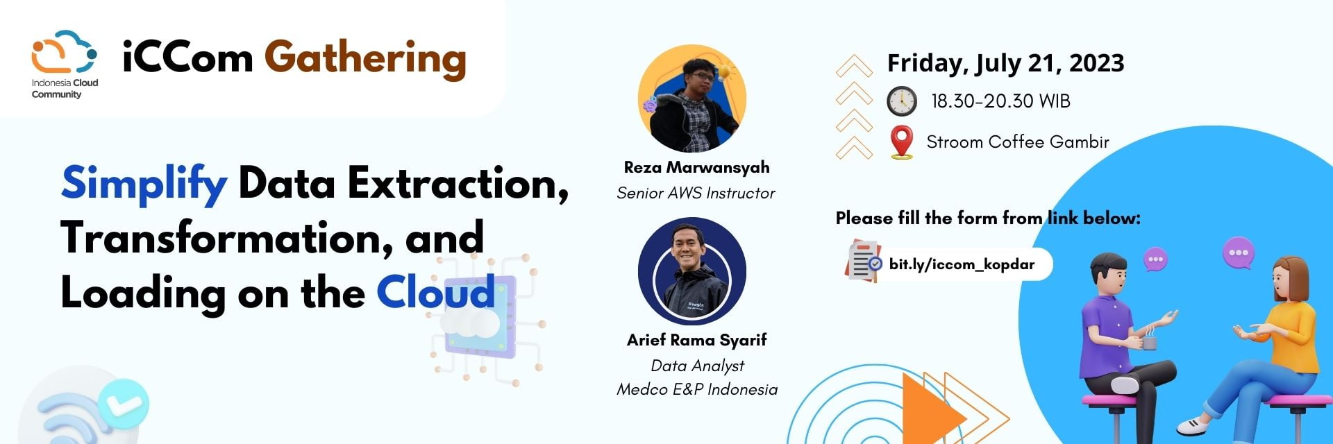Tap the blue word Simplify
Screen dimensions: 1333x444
[144, 184]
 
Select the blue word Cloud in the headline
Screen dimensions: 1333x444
[436, 292]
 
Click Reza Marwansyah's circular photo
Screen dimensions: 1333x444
[692, 99]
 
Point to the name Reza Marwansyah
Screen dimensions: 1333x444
[696, 167]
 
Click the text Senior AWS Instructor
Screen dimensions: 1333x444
[696, 193]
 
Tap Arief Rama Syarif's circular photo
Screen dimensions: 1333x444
[692, 271]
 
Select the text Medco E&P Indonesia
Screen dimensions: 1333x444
[697, 389]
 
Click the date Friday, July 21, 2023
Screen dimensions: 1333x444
[1005, 64]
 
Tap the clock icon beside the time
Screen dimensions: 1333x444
[901, 101]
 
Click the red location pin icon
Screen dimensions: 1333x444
[901, 143]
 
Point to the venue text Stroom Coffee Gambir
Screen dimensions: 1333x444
[1018, 142]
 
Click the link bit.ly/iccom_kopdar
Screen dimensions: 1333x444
[962, 264]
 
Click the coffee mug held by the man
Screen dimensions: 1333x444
[1149, 341]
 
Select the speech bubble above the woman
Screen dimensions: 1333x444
[1239, 253]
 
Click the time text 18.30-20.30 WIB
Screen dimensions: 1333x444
[1000, 101]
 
